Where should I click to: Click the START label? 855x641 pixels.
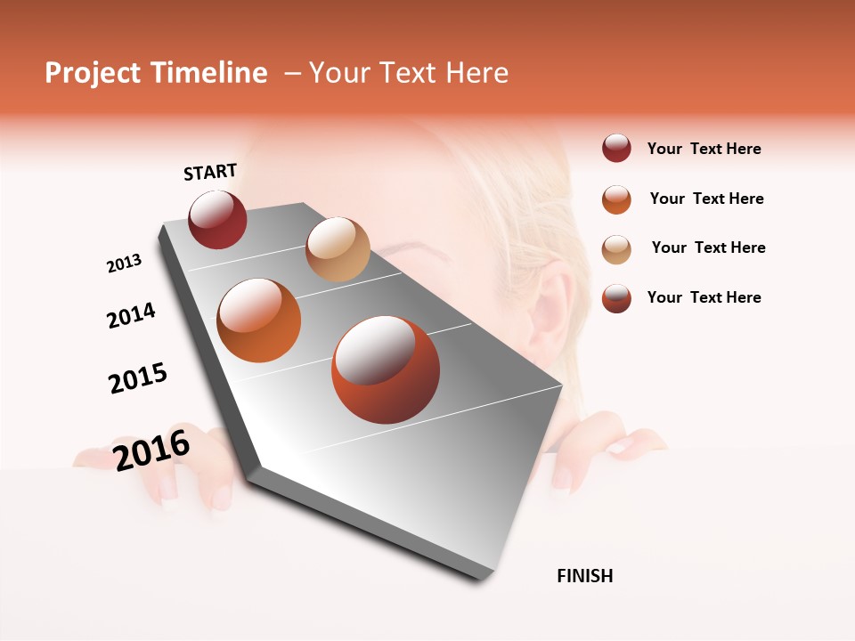coord(210,172)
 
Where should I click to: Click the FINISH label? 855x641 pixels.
coord(585,576)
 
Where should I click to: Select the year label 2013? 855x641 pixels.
coord(124,264)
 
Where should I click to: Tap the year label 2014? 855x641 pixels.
coord(131,315)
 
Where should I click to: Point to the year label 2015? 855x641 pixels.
coord(138,378)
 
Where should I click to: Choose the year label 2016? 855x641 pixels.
coord(151,450)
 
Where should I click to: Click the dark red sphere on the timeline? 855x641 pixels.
coord(217,219)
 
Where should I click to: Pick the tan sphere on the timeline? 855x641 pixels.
coord(338,249)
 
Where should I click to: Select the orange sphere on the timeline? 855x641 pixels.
coord(258,320)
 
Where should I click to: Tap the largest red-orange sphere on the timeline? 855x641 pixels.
coord(386,369)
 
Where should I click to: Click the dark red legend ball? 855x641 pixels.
coord(616,149)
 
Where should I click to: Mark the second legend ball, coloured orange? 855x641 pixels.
coord(616,199)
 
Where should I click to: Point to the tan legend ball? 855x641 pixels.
coord(616,248)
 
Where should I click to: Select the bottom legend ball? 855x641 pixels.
coord(616,298)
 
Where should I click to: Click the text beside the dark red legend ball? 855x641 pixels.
coord(704,149)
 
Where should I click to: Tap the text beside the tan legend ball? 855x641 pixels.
coord(708,247)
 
